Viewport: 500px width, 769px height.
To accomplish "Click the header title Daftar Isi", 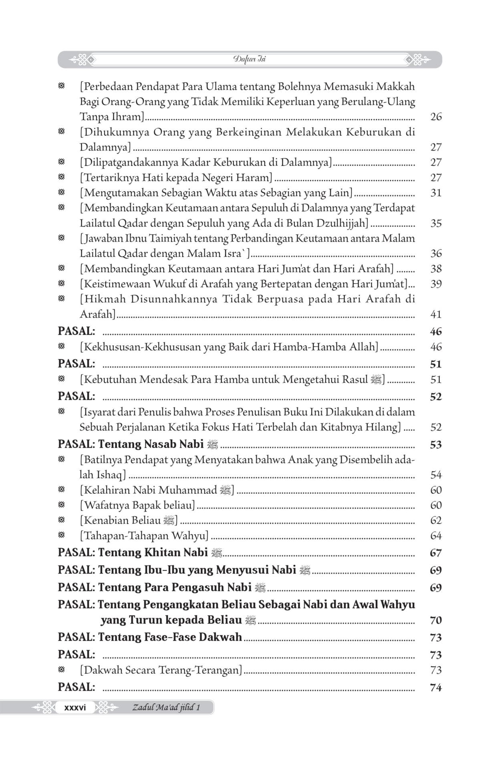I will click(249, 59).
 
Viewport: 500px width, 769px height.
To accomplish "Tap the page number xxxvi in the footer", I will click(75, 707).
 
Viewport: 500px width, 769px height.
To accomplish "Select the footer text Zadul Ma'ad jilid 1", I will click(166, 707).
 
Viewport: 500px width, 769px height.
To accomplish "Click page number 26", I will click(436, 117).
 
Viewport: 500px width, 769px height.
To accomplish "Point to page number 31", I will click(436, 193).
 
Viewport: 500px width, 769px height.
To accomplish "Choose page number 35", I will click(436, 223).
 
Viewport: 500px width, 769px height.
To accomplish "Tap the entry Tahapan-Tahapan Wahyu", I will click(144, 536).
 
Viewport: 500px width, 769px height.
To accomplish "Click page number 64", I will click(436, 536).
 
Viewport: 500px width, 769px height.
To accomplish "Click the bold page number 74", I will click(436, 688).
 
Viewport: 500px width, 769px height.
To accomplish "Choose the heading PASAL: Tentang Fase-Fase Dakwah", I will click(150, 637).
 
